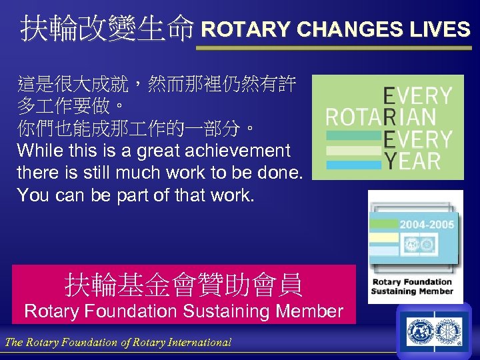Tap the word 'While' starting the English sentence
tap(40, 151)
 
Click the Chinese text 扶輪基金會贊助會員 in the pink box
tap(183, 285)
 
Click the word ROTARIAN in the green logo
tap(380, 118)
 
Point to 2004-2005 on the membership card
tap(427, 225)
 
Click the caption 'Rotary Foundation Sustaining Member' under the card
tap(412, 287)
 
